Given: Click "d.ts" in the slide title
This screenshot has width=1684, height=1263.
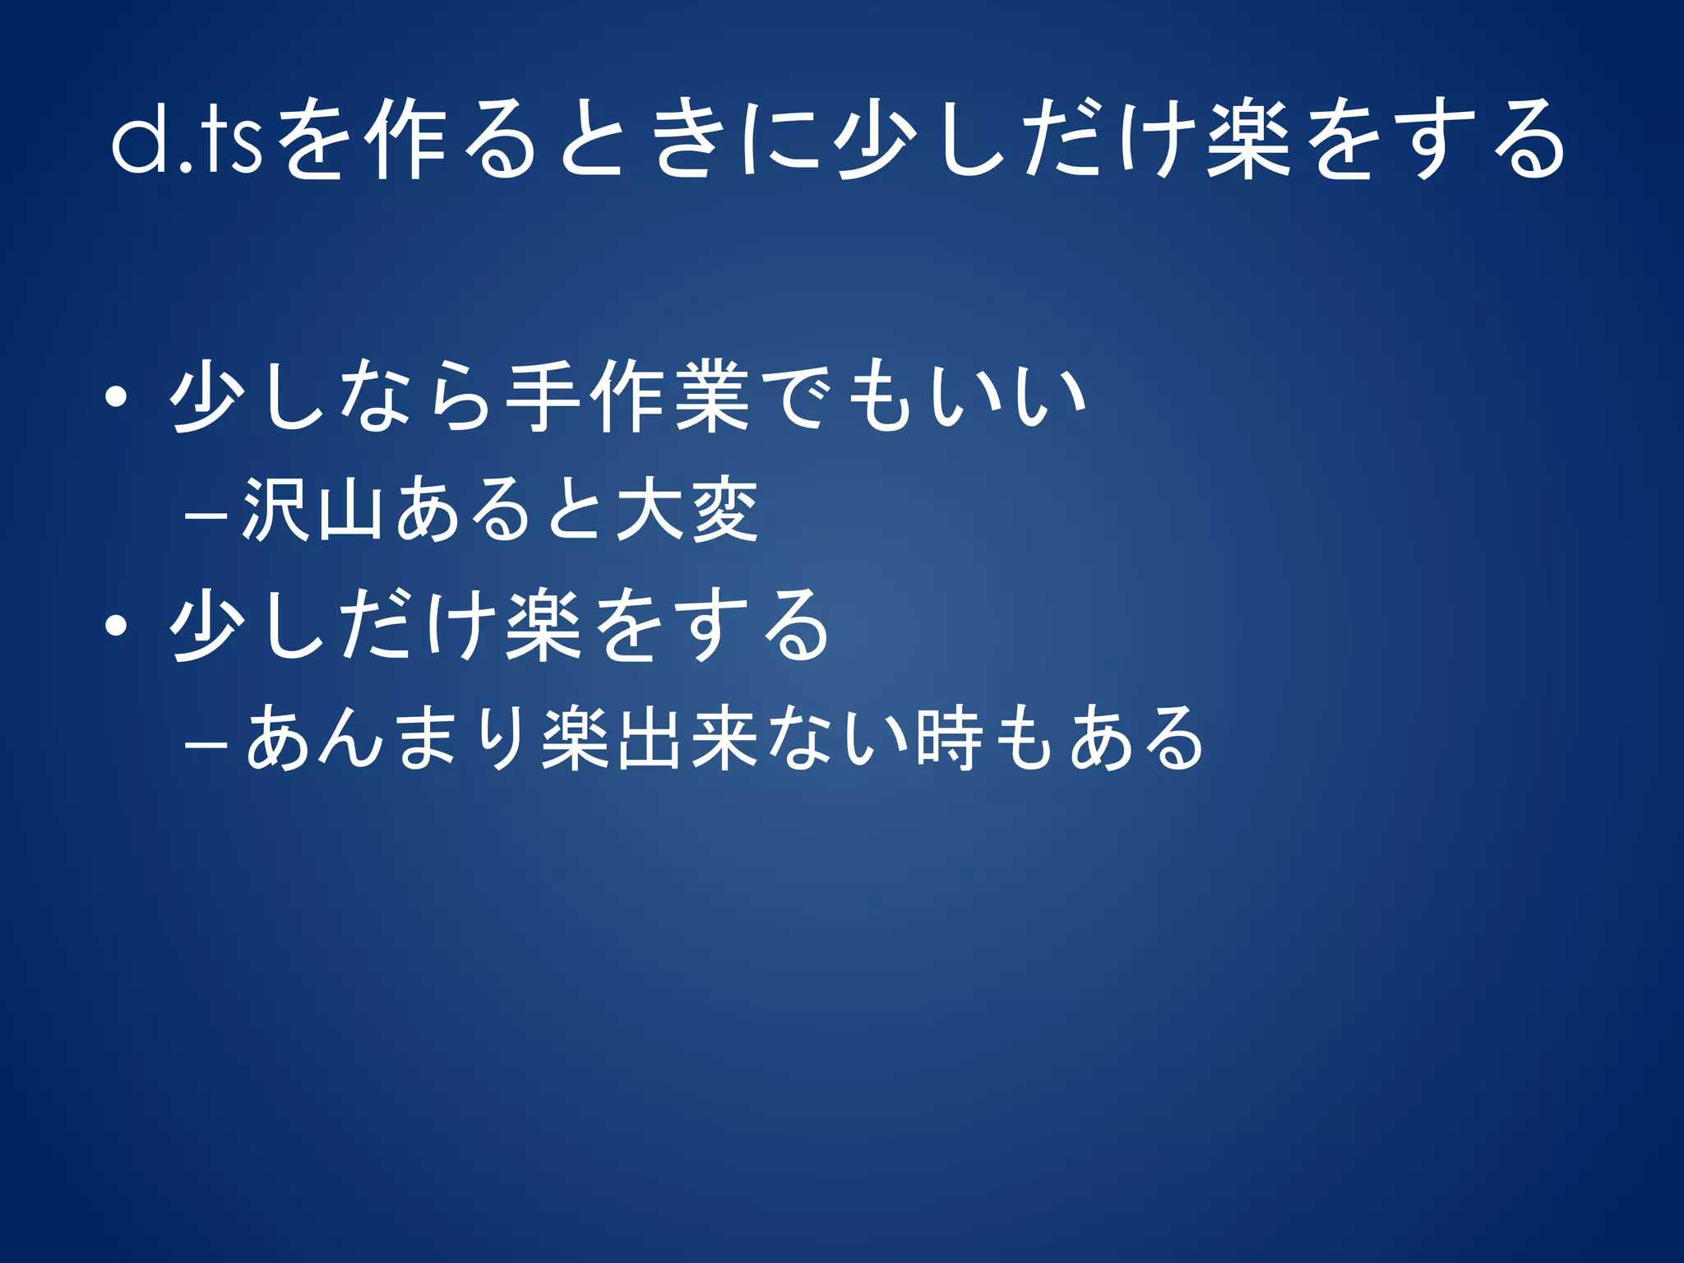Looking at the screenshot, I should [187, 137].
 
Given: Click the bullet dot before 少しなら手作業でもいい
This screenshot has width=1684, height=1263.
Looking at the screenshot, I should [116, 398].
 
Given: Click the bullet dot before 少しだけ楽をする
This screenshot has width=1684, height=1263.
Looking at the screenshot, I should [116, 627].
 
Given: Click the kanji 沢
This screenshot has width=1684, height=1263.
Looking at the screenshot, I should [276, 510].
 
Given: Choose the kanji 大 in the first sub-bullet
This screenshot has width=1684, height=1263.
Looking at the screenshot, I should [650, 510].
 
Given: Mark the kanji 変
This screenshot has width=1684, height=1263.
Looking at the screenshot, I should [724, 510].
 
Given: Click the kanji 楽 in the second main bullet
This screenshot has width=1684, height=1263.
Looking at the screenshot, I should [544, 625].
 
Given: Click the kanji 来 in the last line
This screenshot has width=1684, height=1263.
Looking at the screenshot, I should [724, 738].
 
